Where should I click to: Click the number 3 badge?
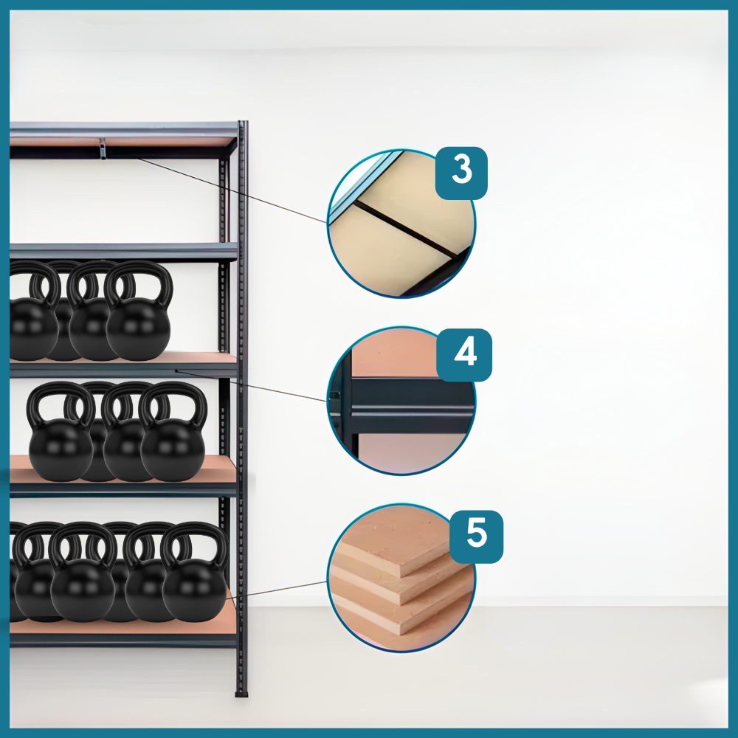pyautogui.click(x=461, y=173)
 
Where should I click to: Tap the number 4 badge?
pyautogui.click(x=464, y=355)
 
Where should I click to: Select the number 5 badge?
pyautogui.click(x=476, y=537)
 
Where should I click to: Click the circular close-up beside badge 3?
pyautogui.click(x=401, y=224)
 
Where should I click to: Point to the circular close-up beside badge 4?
pyautogui.click(x=401, y=401)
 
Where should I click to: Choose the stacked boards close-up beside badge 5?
pyautogui.click(x=401, y=579)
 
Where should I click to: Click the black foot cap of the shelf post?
pyautogui.click(x=241, y=693)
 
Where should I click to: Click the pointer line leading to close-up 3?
pyautogui.click(x=232, y=190)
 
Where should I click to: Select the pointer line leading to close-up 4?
pyautogui.click(x=251, y=386)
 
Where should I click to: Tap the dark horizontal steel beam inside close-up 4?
pyautogui.click(x=410, y=399)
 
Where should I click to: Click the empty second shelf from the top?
pyautogui.click(x=123, y=252)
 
